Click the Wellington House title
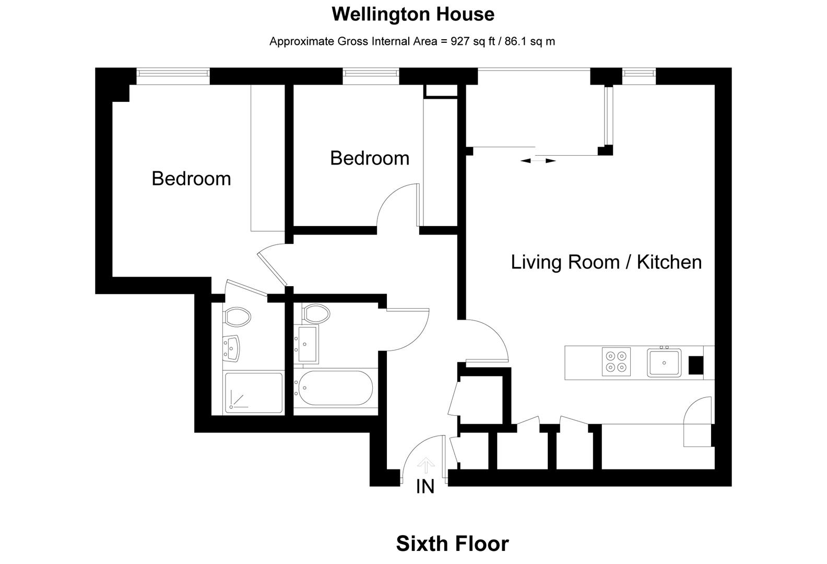412,14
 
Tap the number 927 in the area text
459,41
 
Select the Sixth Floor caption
452,544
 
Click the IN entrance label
426,487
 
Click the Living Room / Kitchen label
606,262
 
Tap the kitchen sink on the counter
664,362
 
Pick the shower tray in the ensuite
253,393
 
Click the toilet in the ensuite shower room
238,316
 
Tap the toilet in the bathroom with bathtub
315,313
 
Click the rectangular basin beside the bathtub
307,344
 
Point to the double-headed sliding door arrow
538,161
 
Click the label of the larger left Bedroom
191,179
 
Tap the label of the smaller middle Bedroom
370,158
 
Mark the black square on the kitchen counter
695,365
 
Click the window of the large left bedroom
173,76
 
